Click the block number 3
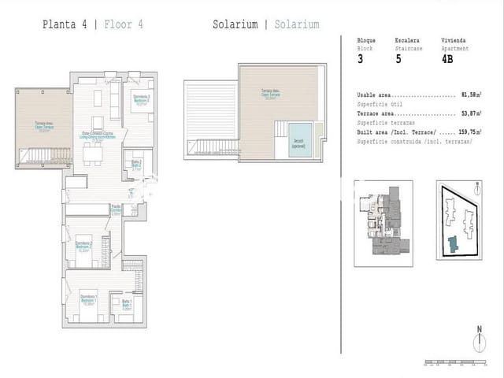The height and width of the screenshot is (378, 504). click(361, 58)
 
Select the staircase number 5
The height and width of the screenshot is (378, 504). click(399, 58)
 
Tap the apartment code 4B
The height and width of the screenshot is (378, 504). click(447, 58)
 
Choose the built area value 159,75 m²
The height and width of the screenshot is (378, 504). click(469, 132)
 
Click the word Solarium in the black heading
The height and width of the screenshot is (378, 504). click(235, 24)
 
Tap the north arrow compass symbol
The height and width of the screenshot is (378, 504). click(478, 341)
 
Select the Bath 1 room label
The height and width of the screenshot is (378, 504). click(126, 305)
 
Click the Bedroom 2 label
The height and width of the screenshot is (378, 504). click(84, 246)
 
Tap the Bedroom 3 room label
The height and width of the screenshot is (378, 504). click(142, 98)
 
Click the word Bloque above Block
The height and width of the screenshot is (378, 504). click(366, 40)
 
